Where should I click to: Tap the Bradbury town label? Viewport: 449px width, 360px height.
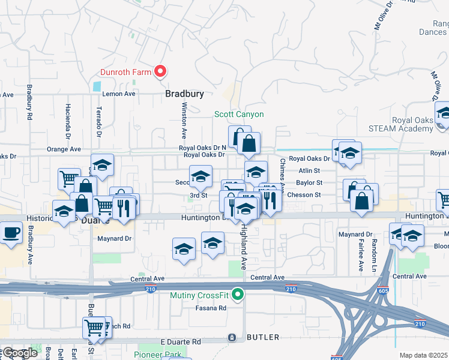click(x=185, y=94)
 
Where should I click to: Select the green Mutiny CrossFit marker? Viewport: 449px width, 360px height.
click(x=238, y=295)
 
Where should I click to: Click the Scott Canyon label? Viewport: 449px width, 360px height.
click(x=240, y=115)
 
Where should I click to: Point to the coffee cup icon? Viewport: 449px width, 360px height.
click(x=11, y=232)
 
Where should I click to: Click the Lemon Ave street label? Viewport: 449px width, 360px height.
click(x=119, y=94)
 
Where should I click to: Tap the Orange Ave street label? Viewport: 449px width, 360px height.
click(x=64, y=149)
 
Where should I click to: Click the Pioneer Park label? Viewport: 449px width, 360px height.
click(x=159, y=355)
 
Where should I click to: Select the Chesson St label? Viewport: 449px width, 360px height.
click(x=304, y=195)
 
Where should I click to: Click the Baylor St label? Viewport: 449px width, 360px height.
click(x=310, y=182)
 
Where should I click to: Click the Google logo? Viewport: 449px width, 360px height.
click(x=20, y=353)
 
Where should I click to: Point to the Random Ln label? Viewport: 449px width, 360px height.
click(x=373, y=253)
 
